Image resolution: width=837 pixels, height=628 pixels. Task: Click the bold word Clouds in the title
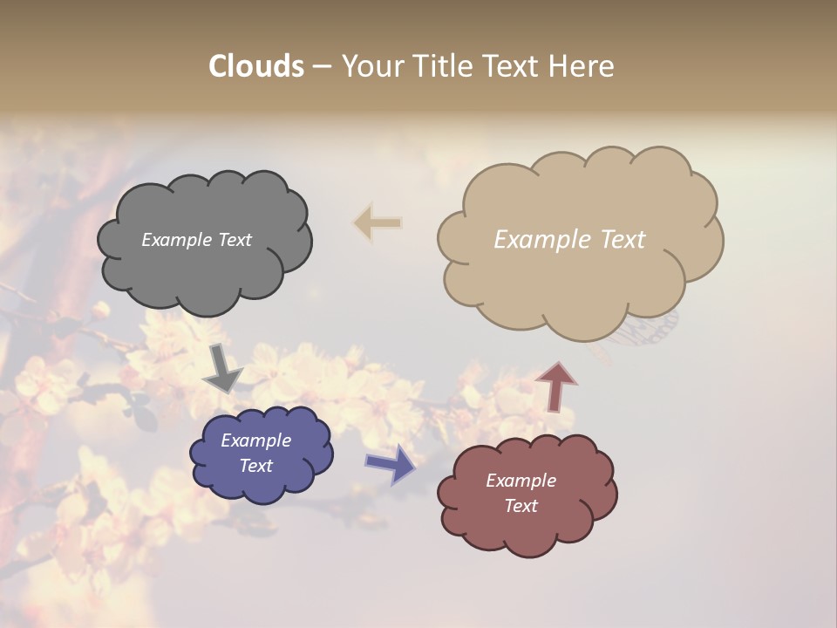256,66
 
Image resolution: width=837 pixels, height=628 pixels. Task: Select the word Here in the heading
584,66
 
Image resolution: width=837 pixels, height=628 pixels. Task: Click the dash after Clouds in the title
322,67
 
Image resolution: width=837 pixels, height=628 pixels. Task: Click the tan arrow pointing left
378,222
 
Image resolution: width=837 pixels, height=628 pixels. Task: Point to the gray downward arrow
223,370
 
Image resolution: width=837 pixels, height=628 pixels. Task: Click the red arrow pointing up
555,386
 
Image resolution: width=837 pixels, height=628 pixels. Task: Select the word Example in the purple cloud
256,440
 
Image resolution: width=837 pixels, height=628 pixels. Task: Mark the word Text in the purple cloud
256,466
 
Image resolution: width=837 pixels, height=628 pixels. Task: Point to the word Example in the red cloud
521,481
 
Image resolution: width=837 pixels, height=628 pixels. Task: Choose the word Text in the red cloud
521,506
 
